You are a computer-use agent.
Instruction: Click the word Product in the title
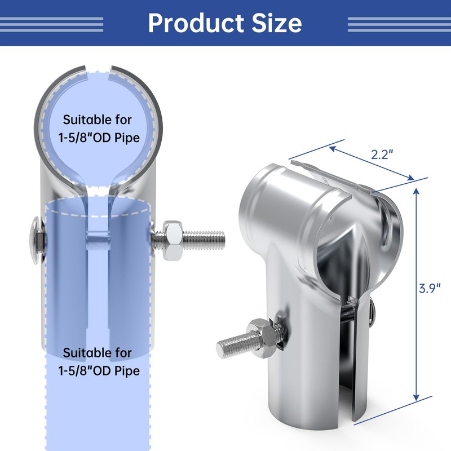(196, 23)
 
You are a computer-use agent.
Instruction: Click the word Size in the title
(277, 23)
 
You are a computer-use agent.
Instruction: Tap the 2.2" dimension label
(382, 154)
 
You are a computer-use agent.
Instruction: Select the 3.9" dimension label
(430, 288)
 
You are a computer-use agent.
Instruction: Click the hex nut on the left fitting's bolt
(172, 241)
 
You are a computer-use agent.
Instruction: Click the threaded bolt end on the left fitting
(204, 241)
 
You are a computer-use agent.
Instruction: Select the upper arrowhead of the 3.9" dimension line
(416, 191)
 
